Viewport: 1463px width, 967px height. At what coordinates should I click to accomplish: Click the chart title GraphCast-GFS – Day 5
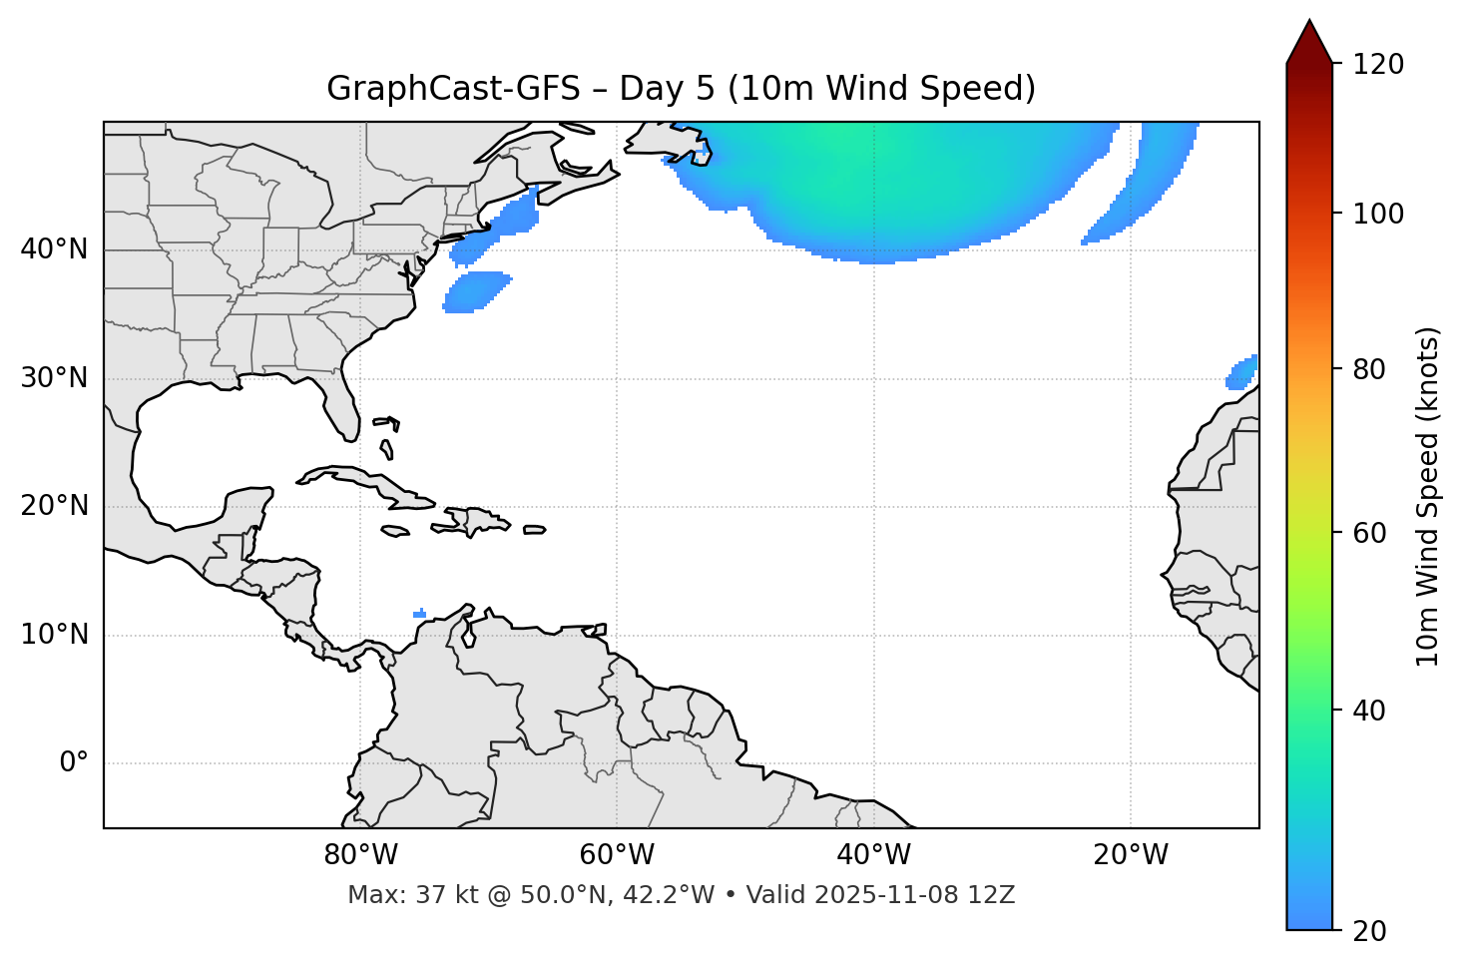(681, 89)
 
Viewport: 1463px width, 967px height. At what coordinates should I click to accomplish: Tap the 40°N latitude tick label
(54, 249)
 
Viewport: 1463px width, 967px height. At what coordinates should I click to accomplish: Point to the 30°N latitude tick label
(54, 378)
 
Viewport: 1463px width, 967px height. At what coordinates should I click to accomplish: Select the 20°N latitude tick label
(54, 506)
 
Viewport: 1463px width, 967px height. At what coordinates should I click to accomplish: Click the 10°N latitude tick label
(54, 635)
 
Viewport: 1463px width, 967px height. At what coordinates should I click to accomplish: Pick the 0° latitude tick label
(73, 763)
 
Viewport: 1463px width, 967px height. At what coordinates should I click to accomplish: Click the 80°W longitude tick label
(360, 855)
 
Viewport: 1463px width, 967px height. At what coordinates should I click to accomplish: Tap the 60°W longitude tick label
(617, 855)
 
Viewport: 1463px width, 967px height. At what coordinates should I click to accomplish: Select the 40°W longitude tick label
(873, 855)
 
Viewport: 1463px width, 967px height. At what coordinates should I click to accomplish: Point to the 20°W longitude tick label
(1131, 855)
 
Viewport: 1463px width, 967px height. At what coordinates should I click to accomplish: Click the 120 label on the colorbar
(1378, 64)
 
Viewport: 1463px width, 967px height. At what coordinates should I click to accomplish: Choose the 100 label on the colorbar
(1378, 214)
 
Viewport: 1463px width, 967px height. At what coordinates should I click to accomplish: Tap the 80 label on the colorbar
(1370, 369)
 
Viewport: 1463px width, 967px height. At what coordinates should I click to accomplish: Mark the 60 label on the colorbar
(1370, 533)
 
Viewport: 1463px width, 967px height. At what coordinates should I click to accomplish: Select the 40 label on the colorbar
(1370, 711)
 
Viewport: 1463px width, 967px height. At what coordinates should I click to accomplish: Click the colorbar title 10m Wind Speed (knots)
(1428, 496)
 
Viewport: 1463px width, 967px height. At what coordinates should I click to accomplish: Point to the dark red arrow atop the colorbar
(1309, 43)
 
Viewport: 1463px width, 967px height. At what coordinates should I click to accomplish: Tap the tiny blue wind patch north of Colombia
(419, 614)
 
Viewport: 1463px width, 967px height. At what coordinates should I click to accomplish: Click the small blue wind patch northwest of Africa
(1242, 372)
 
